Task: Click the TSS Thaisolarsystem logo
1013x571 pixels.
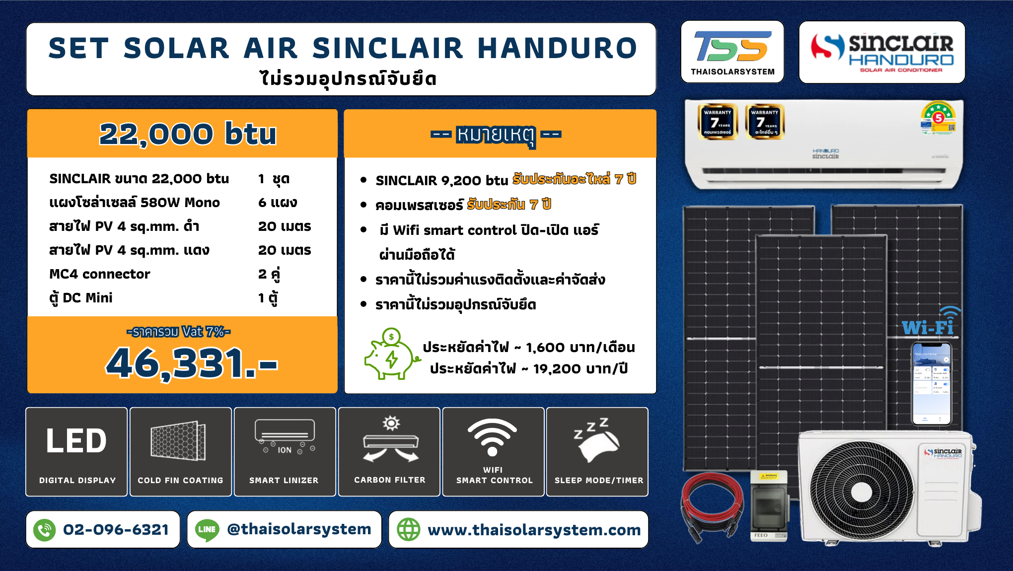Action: (732, 52)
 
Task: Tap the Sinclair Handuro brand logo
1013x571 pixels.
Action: (882, 52)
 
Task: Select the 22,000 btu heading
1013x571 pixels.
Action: (188, 134)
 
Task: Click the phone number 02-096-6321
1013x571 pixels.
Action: (116, 530)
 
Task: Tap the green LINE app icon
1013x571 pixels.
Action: (207, 530)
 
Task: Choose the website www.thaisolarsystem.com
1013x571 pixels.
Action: (534, 530)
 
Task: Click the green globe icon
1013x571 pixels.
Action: (409, 530)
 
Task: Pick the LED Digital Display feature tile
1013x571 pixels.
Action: (77, 452)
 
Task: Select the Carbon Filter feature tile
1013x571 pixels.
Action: (389, 452)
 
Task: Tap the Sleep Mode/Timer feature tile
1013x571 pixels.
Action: (598, 452)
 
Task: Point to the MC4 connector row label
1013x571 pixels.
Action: (100, 274)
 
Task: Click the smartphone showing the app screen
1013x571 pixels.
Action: (931, 383)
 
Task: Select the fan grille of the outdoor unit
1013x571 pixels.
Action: (861, 492)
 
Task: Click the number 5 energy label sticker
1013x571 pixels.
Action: (938, 118)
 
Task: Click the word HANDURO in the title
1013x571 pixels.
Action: (557, 49)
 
